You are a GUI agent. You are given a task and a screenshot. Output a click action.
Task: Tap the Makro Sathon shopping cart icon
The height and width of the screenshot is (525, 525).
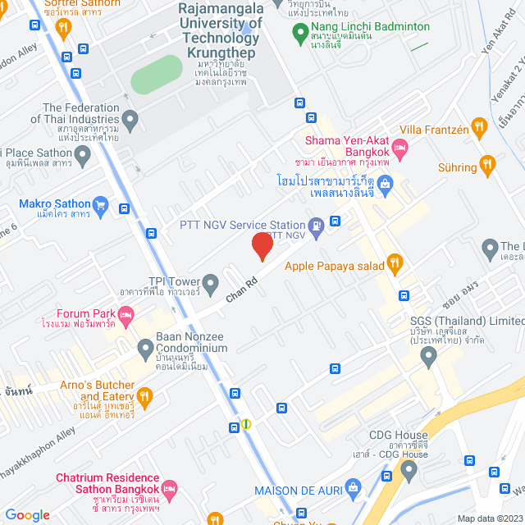click(101, 204)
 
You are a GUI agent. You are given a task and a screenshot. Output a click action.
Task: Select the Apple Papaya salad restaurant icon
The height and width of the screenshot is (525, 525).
click(395, 263)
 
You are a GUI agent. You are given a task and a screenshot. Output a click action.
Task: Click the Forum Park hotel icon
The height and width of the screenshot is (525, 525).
click(126, 313)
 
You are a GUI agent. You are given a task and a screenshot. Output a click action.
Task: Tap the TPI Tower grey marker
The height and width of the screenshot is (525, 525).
click(211, 281)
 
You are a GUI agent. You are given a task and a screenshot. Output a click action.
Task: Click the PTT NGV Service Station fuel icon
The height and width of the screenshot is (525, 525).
click(315, 224)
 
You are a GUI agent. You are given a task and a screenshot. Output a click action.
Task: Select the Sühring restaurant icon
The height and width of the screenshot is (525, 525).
click(487, 167)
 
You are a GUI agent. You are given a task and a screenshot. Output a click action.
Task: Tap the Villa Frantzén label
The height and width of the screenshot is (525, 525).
click(434, 130)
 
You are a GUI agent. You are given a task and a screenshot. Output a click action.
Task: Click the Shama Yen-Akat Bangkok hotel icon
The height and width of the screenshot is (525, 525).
click(400, 148)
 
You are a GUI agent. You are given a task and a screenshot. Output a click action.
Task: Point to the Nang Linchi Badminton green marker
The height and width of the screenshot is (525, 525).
click(301, 34)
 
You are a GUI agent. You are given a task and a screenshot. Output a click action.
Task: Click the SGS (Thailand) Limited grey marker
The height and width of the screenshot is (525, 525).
click(428, 355)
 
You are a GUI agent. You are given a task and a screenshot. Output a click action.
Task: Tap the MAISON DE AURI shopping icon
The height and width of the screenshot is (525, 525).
click(353, 489)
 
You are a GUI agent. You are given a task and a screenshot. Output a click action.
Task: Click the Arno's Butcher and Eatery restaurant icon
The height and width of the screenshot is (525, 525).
click(145, 397)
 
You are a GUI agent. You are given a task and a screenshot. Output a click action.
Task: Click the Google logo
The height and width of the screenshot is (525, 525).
click(28, 514)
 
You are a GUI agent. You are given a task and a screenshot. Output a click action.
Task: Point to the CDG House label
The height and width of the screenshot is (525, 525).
click(398, 435)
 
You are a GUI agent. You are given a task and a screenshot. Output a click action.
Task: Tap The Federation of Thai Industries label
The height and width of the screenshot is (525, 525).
click(80, 113)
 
